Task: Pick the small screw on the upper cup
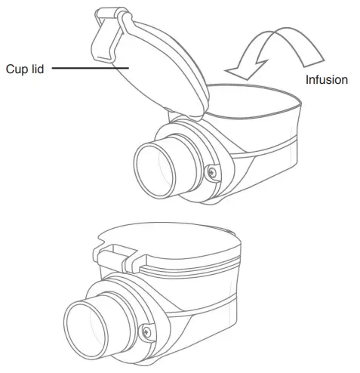(x=211, y=171)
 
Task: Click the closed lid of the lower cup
(x=174, y=242)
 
